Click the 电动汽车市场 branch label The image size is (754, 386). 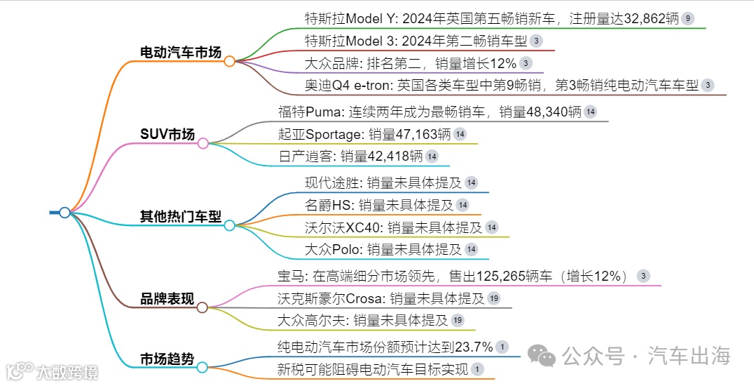(x=181, y=52)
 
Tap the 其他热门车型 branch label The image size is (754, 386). (x=181, y=216)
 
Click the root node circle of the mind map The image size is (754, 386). (x=64, y=212)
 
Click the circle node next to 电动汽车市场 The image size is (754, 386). (x=229, y=61)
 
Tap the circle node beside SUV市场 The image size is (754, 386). (x=203, y=144)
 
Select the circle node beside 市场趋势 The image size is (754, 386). (x=202, y=367)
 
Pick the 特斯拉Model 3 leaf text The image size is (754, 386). (x=416, y=41)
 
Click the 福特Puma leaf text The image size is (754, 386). (x=430, y=112)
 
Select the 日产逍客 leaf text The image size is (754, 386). (x=350, y=156)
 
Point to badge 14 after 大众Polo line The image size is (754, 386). (x=471, y=249)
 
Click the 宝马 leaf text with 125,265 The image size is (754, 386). (x=454, y=276)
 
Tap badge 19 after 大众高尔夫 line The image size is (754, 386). (x=457, y=320)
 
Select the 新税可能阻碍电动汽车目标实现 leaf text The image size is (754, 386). (x=373, y=369)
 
